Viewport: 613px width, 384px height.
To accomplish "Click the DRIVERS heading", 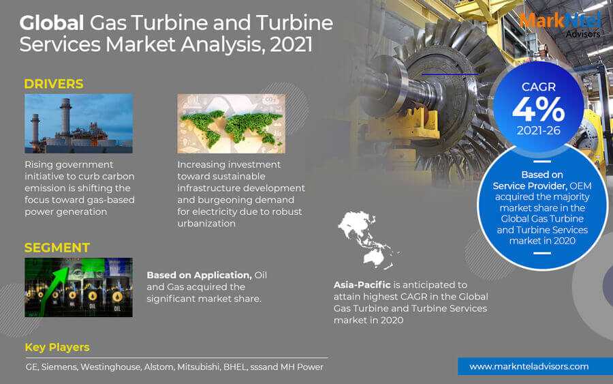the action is click(54, 84).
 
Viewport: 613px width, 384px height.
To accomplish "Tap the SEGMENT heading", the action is click(57, 248).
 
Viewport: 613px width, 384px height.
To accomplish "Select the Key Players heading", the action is click(57, 347).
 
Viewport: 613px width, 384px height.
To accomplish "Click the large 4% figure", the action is click(538, 110).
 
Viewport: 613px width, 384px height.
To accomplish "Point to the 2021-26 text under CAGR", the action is click(539, 131).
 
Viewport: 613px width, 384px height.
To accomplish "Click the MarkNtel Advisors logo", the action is click(561, 25).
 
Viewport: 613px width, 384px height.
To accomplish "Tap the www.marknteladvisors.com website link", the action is click(529, 367).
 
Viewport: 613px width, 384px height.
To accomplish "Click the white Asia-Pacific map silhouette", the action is click(368, 239).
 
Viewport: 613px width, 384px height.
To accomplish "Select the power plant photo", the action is click(78, 123).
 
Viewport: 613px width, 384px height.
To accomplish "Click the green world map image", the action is click(231, 123).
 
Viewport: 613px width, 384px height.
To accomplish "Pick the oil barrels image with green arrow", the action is click(78, 287).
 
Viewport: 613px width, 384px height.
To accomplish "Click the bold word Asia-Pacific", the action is click(362, 285).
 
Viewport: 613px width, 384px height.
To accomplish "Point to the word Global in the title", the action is click(52, 23).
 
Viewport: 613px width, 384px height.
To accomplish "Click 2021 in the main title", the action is click(292, 45).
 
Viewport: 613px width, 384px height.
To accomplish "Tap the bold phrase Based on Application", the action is click(200, 275).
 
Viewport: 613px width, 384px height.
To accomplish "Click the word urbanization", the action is click(206, 224).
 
